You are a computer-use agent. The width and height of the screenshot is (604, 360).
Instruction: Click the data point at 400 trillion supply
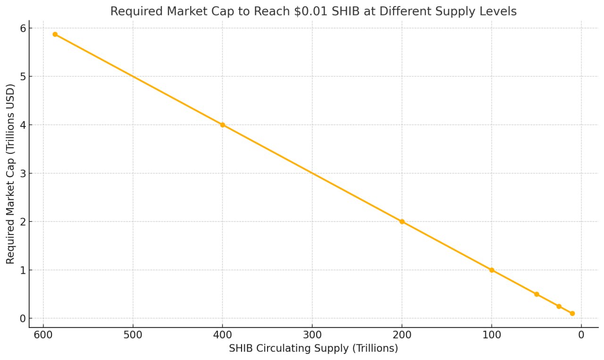[x=222, y=125]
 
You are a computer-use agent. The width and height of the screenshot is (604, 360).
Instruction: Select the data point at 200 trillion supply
[x=402, y=222]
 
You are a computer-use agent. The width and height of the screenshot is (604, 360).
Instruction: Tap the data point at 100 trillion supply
[x=492, y=270]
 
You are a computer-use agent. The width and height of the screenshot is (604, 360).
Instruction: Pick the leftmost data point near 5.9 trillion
[x=55, y=34]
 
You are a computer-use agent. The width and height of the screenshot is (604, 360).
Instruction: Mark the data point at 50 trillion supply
[x=537, y=294]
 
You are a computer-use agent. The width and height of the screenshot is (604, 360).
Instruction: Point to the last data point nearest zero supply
[x=572, y=313]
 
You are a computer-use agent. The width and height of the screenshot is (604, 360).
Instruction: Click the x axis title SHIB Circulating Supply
[x=313, y=349]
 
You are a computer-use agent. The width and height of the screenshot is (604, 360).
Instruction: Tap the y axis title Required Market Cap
[x=10, y=174]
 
